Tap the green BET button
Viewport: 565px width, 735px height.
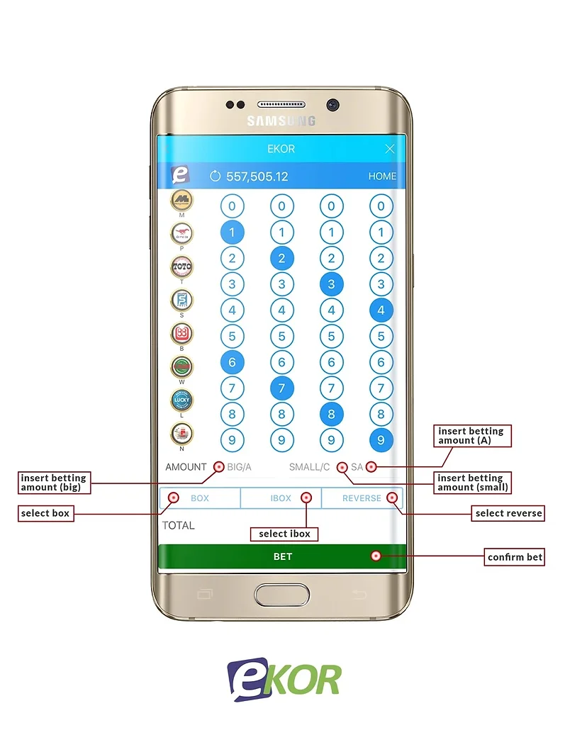click(282, 556)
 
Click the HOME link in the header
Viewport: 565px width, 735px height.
click(382, 176)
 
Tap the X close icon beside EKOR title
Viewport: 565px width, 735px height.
click(389, 149)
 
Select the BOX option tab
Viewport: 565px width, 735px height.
click(200, 498)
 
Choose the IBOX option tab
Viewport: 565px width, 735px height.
click(281, 498)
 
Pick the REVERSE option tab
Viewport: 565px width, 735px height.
click(362, 498)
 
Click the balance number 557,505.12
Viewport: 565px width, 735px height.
click(257, 176)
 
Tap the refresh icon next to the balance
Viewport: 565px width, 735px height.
click(216, 176)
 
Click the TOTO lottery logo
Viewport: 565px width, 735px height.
click(181, 267)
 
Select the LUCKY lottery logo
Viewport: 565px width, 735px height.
click(181, 400)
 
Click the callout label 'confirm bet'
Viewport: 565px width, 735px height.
click(515, 557)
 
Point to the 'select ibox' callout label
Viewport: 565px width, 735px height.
click(284, 534)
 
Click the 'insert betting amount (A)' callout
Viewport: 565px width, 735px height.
click(471, 435)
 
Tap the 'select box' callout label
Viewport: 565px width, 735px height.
click(45, 512)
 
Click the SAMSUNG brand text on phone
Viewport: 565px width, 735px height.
click(281, 121)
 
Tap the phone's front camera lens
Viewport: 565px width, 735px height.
click(332, 105)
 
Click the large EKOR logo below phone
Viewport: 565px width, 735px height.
click(284, 679)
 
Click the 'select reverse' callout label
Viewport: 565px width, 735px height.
click(508, 513)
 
